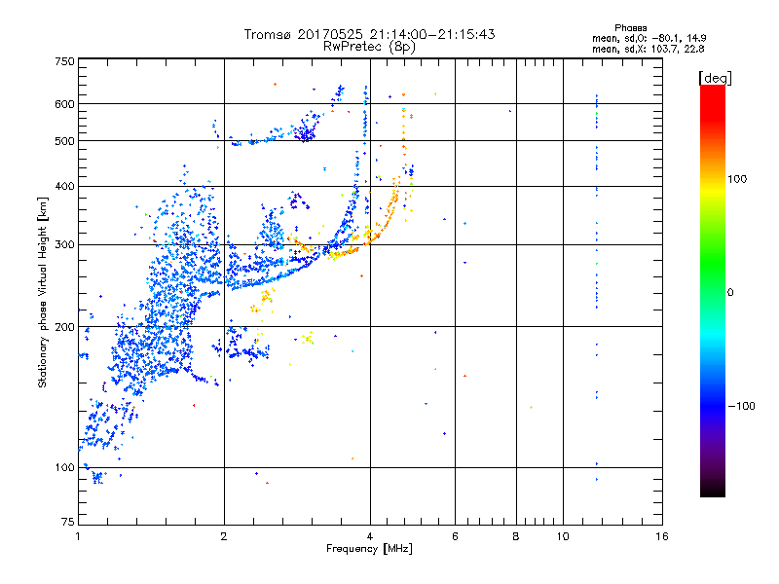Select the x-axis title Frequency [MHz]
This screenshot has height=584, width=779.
(368, 548)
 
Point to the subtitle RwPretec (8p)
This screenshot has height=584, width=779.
(369, 46)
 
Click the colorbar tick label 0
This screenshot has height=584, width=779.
(732, 292)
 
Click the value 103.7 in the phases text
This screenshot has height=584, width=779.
(673, 47)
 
